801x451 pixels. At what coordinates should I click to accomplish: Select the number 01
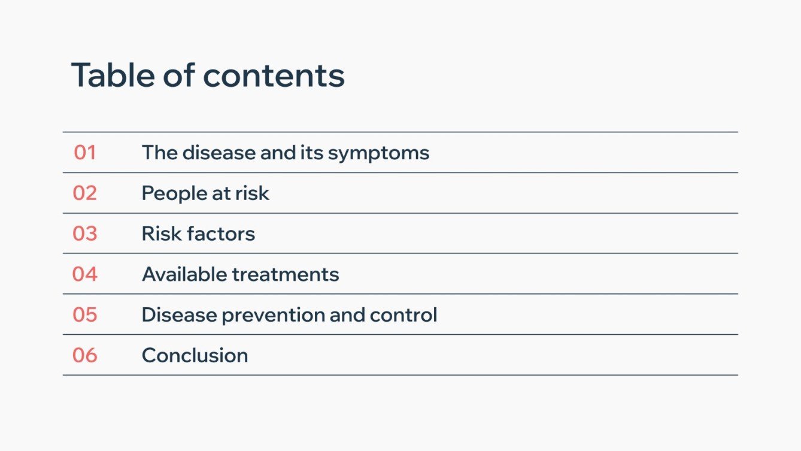point(85,153)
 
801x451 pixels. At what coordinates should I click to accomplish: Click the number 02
point(85,193)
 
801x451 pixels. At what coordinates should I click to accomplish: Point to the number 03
point(85,234)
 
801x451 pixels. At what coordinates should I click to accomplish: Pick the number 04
point(85,274)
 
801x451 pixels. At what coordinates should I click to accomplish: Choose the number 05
point(85,314)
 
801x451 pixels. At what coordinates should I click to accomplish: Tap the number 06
point(85,355)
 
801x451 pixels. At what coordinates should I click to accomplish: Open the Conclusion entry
point(195,355)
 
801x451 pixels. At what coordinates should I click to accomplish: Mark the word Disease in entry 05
point(179,314)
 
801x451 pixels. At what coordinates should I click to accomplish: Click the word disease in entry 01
point(219,153)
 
